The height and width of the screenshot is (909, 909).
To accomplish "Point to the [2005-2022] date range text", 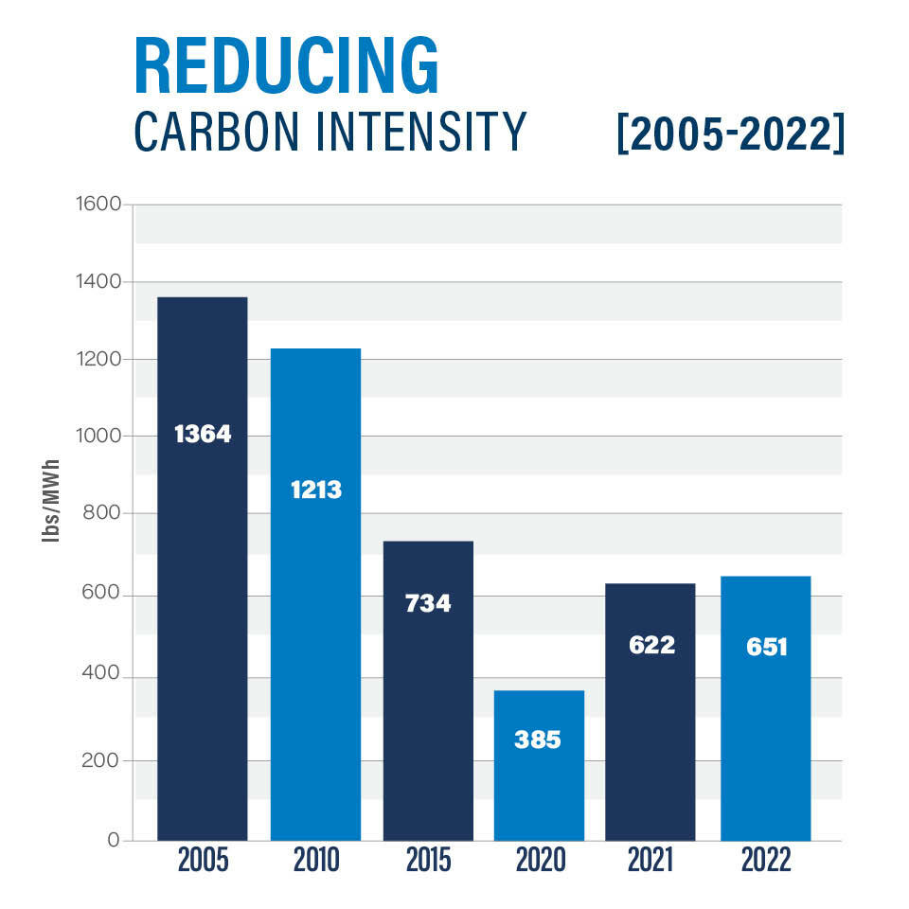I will pos(729,134).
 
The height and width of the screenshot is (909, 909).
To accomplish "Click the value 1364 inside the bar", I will pos(203,435).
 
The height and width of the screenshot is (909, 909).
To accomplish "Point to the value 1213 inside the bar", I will pos(315,490).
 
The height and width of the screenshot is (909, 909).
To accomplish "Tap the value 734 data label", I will pos(428,603).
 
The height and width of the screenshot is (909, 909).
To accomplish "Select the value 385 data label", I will pos(538,740).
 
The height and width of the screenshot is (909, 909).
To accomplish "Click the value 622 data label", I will pos(651,645).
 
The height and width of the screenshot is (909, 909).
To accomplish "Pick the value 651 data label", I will pos(765,650).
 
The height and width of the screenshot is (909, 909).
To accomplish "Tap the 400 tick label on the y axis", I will pos(100,678).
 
